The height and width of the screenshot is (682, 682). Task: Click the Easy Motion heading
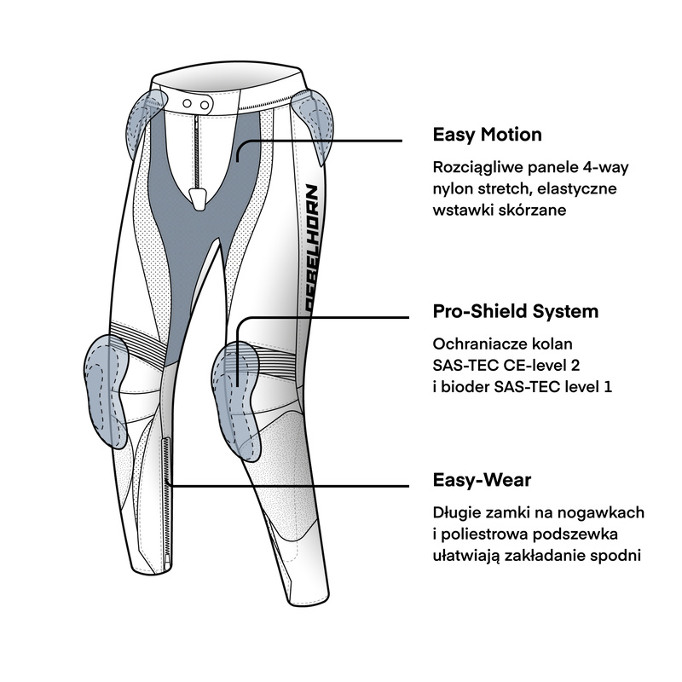pyautogui.click(x=487, y=135)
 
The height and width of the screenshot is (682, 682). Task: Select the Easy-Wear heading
pyautogui.click(x=482, y=480)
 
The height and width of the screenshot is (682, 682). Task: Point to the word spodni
pyautogui.click(x=618, y=555)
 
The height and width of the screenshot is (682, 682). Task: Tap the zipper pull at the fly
pyautogui.click(x=198, y=197)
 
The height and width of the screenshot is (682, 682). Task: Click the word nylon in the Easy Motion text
pyautogui.click(x=454, y=188)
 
